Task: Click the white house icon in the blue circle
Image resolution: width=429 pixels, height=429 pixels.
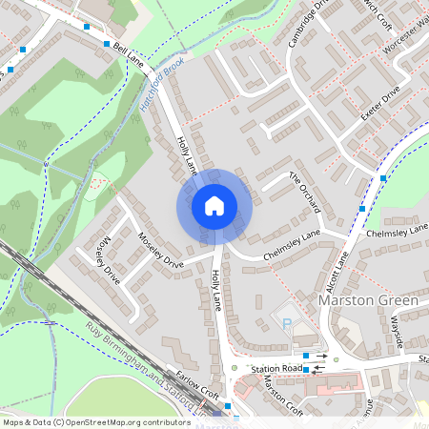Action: point(214,205)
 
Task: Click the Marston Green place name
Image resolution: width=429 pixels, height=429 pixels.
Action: point(367,301)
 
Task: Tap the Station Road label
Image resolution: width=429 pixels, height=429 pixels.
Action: point(276,368)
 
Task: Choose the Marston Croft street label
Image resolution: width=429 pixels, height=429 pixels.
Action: point(282,396)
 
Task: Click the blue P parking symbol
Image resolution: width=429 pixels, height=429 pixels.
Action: point(287,323)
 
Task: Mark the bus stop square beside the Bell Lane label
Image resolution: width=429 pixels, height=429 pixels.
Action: point(105,44)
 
